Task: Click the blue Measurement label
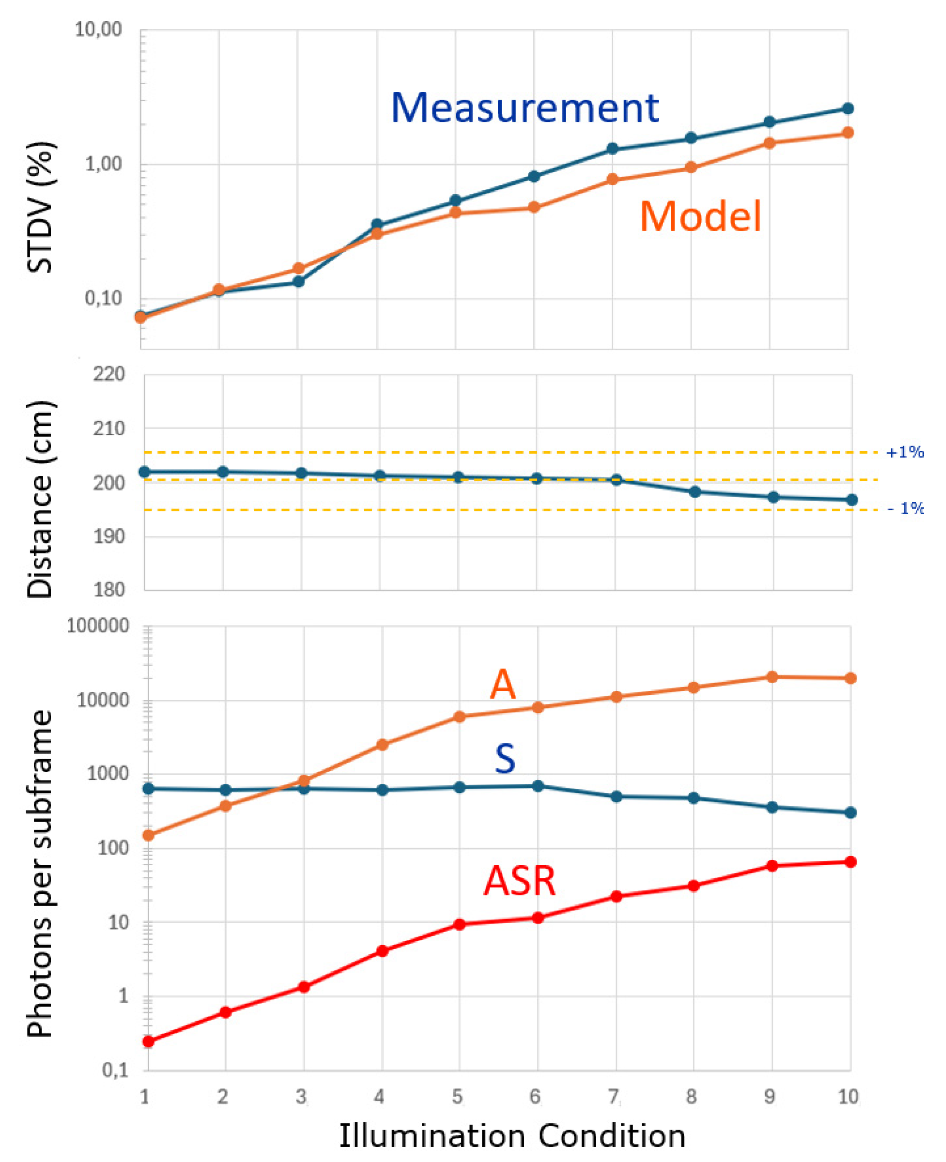tap(525, 107)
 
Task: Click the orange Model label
tap(700, 216)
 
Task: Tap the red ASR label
tap(519, 881)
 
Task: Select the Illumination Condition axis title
tap(512, 1136)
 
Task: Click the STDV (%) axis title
tap(40, 207)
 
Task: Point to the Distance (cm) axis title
tap(40, 499)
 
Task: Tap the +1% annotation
tap(905, 452)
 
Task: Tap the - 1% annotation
tap(905, 509)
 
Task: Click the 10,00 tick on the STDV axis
tap(98, 30)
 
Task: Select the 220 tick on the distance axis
tap(109, 375)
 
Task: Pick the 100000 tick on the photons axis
tap(98, 626)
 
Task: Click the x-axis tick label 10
tap(848, 1096)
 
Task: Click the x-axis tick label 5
tap(457, 1096)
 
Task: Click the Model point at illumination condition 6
tap(534, 208)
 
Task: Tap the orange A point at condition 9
tap(772, 677)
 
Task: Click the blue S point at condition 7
tap(616, 796)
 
